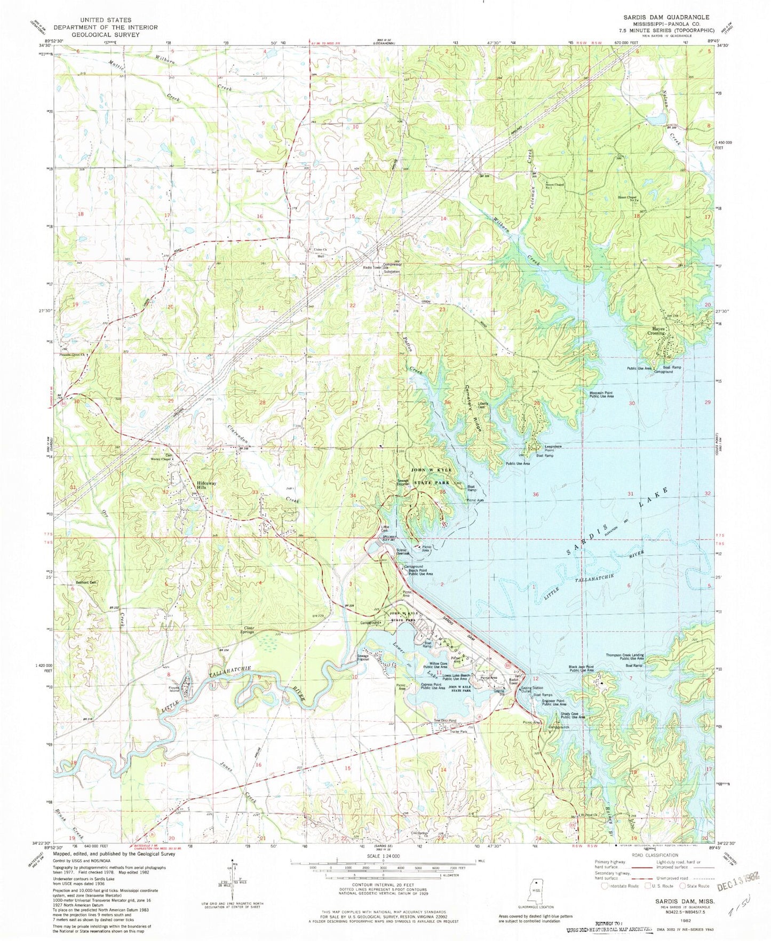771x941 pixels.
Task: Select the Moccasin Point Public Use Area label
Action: [x=601, y=395]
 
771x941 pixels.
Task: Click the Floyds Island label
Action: [x=177, y=689]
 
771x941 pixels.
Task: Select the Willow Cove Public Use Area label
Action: [x=435, y=665]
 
